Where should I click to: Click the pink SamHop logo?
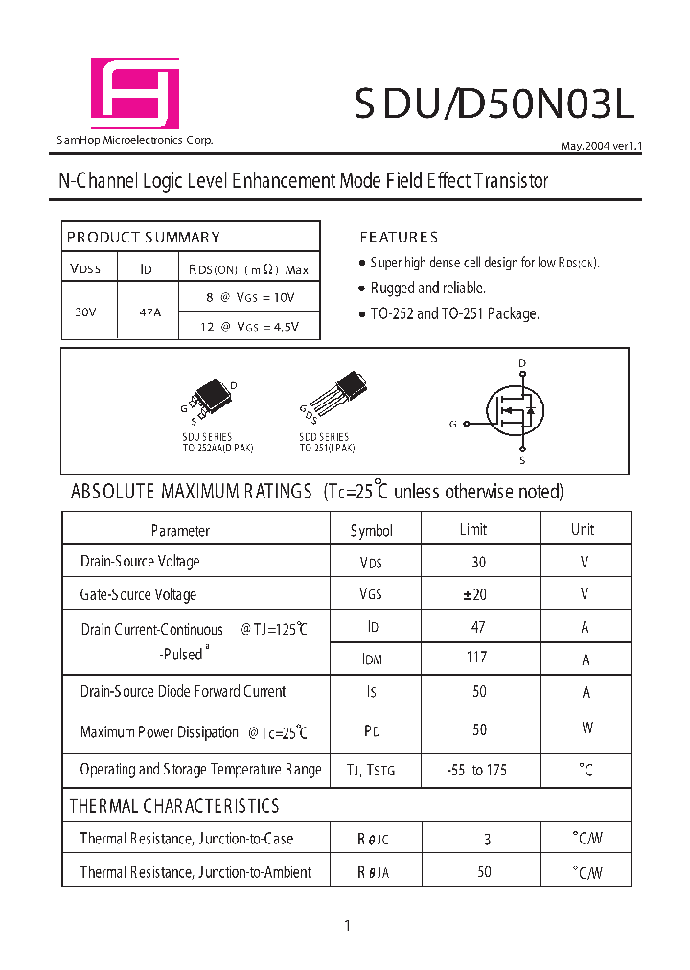(x=134, y=93)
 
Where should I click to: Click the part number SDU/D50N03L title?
(x=494, y=104)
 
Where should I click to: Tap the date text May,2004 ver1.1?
(x=600, y=147)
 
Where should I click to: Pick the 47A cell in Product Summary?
(x=149, y=311)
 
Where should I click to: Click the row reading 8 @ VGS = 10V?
(x=250, y=297)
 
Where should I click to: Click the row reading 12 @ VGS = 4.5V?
(x=250, y=326)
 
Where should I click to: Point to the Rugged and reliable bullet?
(x=427, y=288)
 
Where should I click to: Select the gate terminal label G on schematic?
(x=452, y=424)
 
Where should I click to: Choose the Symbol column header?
(x=372, y=530)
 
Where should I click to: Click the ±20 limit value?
(x=475, y=594)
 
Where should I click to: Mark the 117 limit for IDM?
(x=476, y=658)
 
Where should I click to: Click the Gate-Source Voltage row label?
(x=138, y=594)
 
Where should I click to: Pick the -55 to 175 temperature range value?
(x=476, y=770)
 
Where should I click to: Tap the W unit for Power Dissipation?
(x=586, y=728)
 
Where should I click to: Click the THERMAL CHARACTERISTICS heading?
(x=174, y=806)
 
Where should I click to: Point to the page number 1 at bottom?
(x=347, y=925)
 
